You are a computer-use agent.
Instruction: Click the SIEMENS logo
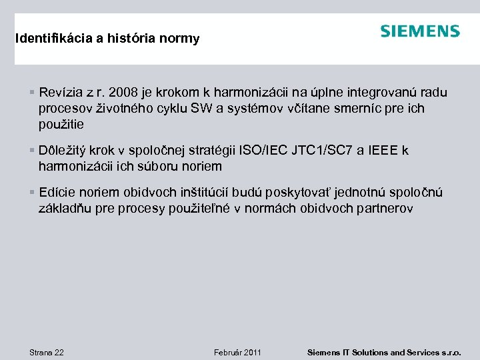coord(420,31)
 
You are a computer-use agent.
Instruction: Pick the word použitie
coord(61,125)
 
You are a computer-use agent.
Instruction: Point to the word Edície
coord(57,193)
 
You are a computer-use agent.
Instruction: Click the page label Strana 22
coord(47,352)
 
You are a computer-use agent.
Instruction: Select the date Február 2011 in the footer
coord(237,352)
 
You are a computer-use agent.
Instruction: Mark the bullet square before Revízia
coord(33,92)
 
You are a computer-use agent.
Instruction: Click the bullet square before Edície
coord(33,193)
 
